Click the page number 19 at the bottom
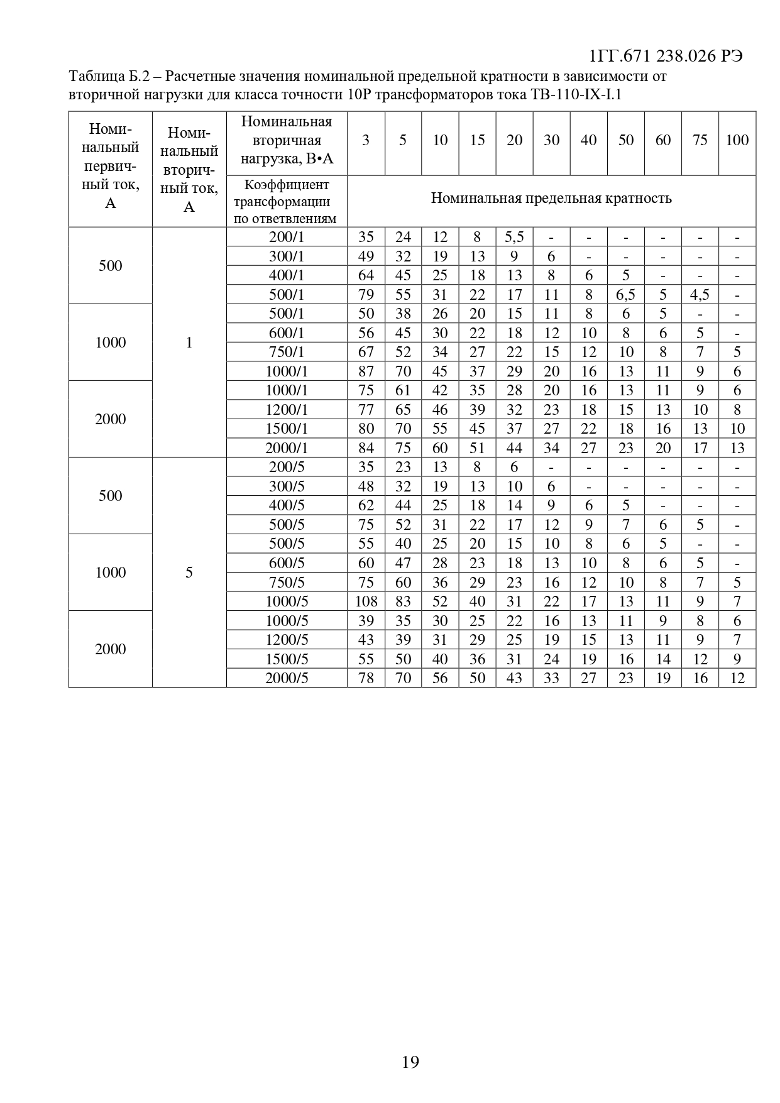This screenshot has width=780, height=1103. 410,1062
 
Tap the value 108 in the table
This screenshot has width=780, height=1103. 366,601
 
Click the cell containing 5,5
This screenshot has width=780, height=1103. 514,237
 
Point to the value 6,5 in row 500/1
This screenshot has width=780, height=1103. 625,295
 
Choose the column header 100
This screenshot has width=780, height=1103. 737,140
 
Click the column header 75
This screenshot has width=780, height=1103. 700,140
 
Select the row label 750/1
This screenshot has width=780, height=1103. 286,352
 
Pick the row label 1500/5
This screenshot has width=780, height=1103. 286,659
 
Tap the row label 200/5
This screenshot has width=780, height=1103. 286,467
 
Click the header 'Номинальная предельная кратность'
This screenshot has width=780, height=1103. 551,199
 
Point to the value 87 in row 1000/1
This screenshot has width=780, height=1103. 366,371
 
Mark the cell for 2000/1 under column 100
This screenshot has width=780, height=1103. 737,448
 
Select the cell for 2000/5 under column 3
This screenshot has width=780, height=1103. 366,678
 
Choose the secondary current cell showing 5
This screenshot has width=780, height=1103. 189,573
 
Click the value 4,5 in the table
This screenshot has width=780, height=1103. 700,295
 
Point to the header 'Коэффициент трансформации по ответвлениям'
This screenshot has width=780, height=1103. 286,201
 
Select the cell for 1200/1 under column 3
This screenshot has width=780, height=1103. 366,410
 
